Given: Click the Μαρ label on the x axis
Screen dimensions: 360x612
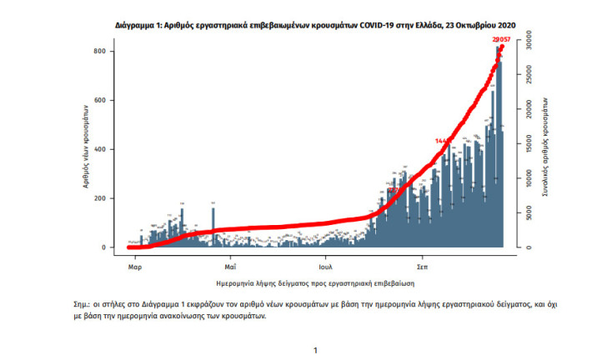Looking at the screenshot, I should pyautogui.click(x=133, y=268).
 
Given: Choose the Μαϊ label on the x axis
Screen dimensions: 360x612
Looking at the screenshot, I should pyautogui.click(x=230, y=268).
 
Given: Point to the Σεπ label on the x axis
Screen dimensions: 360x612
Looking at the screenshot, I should pyautogui.click(x=422, y=268).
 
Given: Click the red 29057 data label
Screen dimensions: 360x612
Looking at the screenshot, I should pyautogui.click(x=502, y=38).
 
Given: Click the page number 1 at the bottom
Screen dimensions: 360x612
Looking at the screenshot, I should pyautogui.click(x=314, y=351).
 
